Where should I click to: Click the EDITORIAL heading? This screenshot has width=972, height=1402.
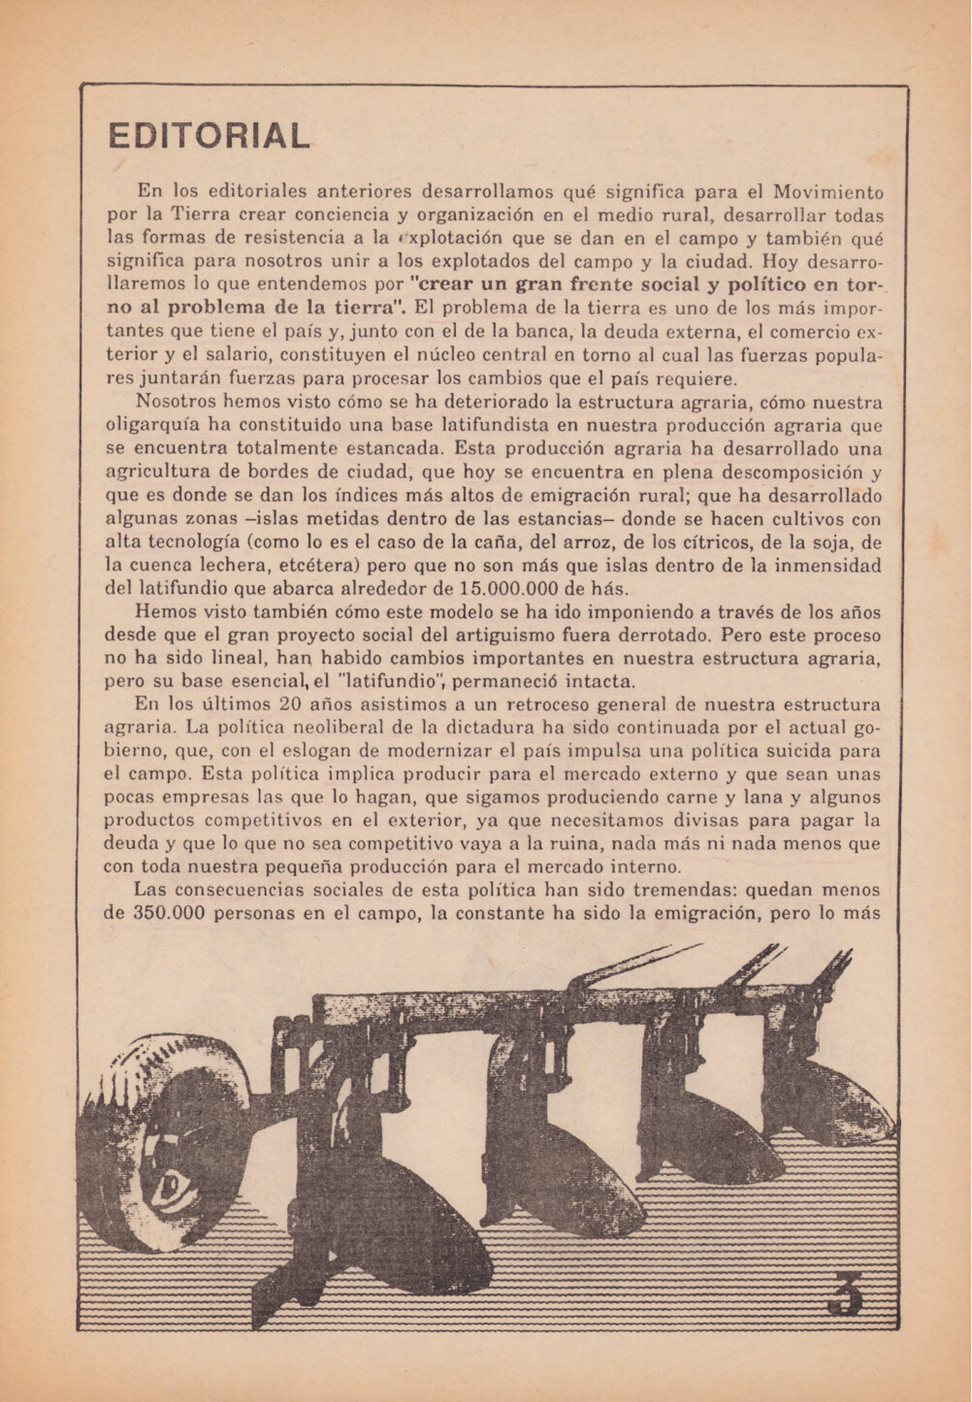(x=209, y=136)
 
